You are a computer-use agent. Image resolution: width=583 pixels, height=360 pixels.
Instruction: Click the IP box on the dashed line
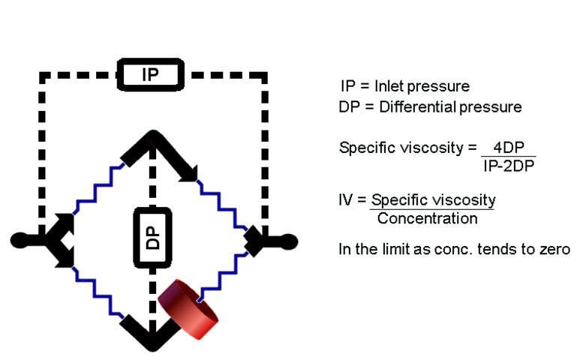click(x=150, y=75)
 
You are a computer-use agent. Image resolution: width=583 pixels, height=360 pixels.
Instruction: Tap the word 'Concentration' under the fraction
click(x=427, y=219)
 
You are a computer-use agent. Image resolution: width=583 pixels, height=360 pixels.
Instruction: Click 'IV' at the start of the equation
click(x=346, y=201)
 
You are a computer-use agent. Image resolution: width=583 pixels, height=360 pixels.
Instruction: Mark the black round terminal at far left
click(x=20, y=240)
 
